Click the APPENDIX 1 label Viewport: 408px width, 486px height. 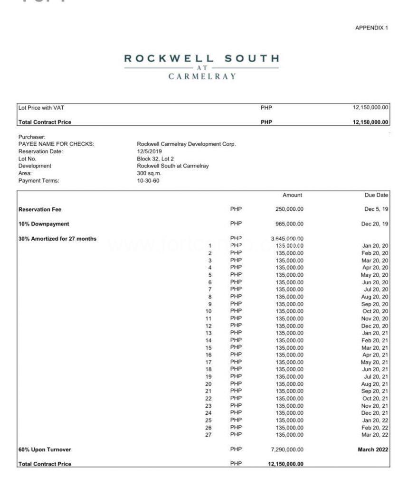pos(371,28)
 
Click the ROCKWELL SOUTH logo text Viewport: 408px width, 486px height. pos(202,59)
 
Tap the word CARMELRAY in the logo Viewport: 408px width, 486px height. pos(202,76)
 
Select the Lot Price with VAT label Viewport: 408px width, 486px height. pos(41,108)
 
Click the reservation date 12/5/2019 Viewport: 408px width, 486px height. pos(149,151)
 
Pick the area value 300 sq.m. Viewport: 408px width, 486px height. pos(150,173)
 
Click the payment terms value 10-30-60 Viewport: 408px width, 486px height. pos(148,180)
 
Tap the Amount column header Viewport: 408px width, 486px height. pos(292,195)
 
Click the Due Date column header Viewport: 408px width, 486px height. pos(376,195)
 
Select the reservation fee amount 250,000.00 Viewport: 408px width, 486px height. pos(289,209)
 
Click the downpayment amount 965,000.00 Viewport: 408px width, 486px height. pos(289,224)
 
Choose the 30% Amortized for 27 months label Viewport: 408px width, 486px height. pos(57,238)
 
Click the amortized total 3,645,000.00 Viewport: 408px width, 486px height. pos(287,238)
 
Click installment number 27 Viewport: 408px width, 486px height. pos(208,435)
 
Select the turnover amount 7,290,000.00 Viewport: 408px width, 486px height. pos(287,449)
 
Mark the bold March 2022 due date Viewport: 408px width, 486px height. pos(373,449)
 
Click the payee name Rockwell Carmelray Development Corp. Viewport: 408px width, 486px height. pos(186,144)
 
